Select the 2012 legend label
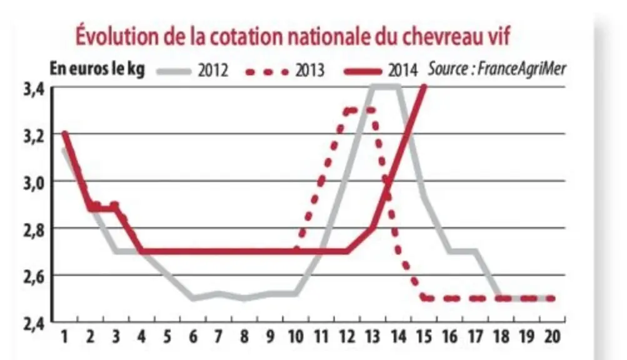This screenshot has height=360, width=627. (x=213, y=71)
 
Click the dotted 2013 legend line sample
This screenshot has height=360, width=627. (x=267, y=72)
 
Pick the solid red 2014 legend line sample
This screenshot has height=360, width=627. (x=363, y=72)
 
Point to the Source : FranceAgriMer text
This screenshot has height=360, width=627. (x=497, y=69)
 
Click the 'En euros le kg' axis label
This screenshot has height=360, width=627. (x=97, y=69)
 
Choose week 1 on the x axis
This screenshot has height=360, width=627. (x=64, y=337)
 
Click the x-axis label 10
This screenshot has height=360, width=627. (x=296, y=337)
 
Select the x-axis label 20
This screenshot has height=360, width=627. (x=552, y=337)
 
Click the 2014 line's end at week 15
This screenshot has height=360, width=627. (x=424, y=86)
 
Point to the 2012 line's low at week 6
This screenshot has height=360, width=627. (x=193, y=298)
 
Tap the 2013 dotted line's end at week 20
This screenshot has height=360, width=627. (x=552, y=298)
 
